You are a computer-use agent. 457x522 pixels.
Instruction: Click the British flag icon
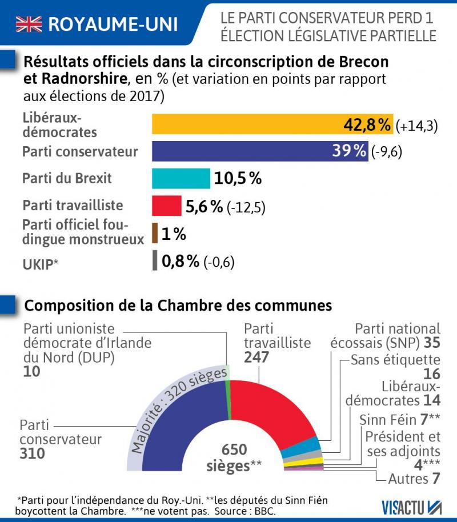[x=29, y=23]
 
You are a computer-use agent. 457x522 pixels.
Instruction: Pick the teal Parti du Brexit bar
[x=181, y=179]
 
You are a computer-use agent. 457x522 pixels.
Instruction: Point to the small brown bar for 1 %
[x=155, y=234]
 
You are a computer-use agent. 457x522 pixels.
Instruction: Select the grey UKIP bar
[x=155, y=261]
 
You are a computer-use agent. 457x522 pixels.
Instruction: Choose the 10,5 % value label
[x=238, y=179]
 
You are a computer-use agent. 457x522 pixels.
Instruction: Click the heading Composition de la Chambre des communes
[x=178, y=305]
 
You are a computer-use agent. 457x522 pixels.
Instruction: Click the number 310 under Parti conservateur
[x=33, y=454]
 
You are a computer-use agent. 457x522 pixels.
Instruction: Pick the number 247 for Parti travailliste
[x=256, y=357]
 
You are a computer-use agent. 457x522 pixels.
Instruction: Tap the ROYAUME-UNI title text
[x=113, y=24]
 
